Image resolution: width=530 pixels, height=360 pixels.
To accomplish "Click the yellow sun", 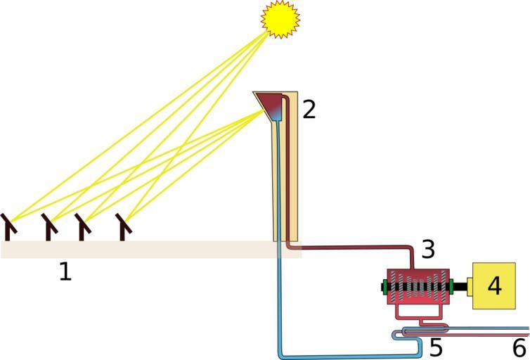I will point(280,19).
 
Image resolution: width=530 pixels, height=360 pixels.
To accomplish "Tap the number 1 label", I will point(65,271).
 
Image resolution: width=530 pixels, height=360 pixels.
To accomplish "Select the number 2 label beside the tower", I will point(309,109).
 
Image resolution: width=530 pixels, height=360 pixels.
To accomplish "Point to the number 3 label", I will point(429,248).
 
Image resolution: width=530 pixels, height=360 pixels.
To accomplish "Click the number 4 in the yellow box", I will point(496,286).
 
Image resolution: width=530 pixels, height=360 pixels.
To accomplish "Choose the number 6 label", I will point(519,347).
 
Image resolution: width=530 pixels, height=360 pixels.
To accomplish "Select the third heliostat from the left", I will point(83,226).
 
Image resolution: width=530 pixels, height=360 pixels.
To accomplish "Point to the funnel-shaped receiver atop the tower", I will point(270,104).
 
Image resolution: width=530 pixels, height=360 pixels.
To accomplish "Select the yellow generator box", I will point(494,286).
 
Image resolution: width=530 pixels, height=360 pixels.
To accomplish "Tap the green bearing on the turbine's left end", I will point(385,287).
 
